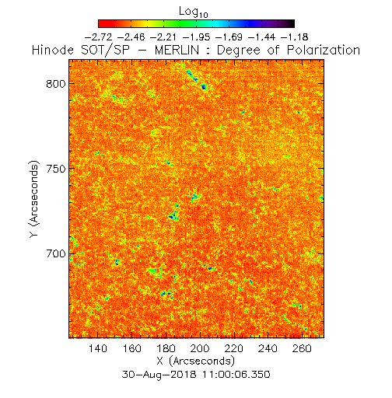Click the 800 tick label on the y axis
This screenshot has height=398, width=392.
tap(56, 84)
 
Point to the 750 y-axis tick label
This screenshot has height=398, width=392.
tap(56, 169)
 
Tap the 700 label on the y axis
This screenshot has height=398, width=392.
tap(56, 253)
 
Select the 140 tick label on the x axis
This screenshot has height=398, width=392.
tap(98, 348)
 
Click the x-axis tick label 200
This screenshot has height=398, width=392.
tap(200, 348)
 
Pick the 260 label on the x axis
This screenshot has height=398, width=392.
tap(302, 348)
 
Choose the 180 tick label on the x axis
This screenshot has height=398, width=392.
tap(166, 348)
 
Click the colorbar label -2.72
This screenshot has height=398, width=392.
tap(99, 37)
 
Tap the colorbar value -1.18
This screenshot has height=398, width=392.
tap(295, 37)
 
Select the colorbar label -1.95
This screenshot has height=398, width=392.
tap(197, 37)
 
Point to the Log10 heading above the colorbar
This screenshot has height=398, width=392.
tap(194, 12)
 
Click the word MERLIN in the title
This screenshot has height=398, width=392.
tap(177, 50)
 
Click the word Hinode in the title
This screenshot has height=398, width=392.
tap(53, 50)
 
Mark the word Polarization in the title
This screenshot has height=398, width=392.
tap(324, 50)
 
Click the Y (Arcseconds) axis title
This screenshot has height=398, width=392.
tap(34, 199)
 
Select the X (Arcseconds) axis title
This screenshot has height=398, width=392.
tap(196, 361)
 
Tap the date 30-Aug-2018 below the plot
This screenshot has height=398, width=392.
tap(159, 375)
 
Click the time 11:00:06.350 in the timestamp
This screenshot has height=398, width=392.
tap(236, 375)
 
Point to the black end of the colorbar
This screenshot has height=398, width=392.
tap(291, 23)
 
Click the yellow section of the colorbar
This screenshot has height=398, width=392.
tap(147, 23)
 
